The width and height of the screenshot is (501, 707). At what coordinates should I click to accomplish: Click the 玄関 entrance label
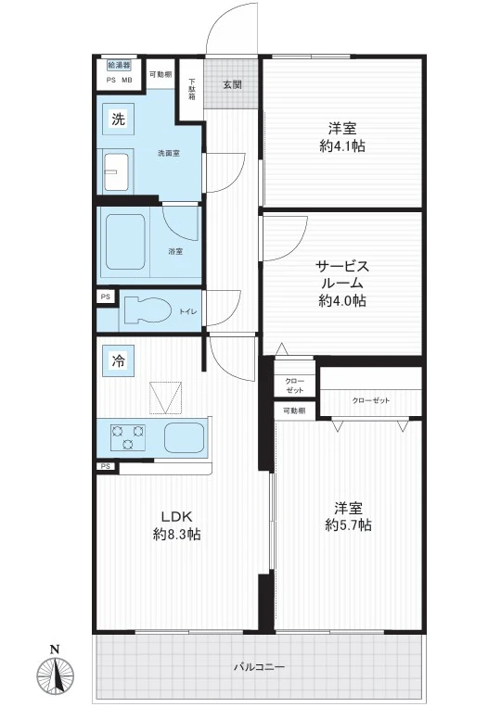coord(232,84)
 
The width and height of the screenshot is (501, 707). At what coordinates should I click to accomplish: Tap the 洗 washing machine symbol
coord(118,119)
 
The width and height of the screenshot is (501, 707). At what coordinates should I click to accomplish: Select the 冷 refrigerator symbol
coord(118,360)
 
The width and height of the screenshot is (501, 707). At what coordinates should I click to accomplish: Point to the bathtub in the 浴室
coord(126,241)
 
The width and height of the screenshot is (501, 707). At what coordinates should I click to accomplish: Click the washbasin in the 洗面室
coord(117,171)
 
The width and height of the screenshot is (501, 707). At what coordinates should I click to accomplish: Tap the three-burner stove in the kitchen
coord(128,437)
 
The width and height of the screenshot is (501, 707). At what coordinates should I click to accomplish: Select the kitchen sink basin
coord(184,437)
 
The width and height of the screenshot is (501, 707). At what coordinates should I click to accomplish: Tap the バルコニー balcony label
coord(259,666)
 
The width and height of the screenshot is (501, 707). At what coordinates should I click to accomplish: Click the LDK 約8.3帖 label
coord(177,525)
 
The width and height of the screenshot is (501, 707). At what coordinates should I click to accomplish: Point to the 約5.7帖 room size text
coord(349,524)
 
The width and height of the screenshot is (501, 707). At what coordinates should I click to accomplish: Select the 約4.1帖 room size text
coord(342,146)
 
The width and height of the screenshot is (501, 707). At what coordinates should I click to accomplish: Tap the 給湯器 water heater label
coord(119,65)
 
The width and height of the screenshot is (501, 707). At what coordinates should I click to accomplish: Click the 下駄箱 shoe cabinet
coord(191,89)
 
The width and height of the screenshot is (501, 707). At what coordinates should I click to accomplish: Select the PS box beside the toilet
coord(106,297)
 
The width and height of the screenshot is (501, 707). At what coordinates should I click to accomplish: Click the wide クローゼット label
coord(370,400)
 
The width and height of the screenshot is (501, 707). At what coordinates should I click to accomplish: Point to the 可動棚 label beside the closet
coord(294,410)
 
